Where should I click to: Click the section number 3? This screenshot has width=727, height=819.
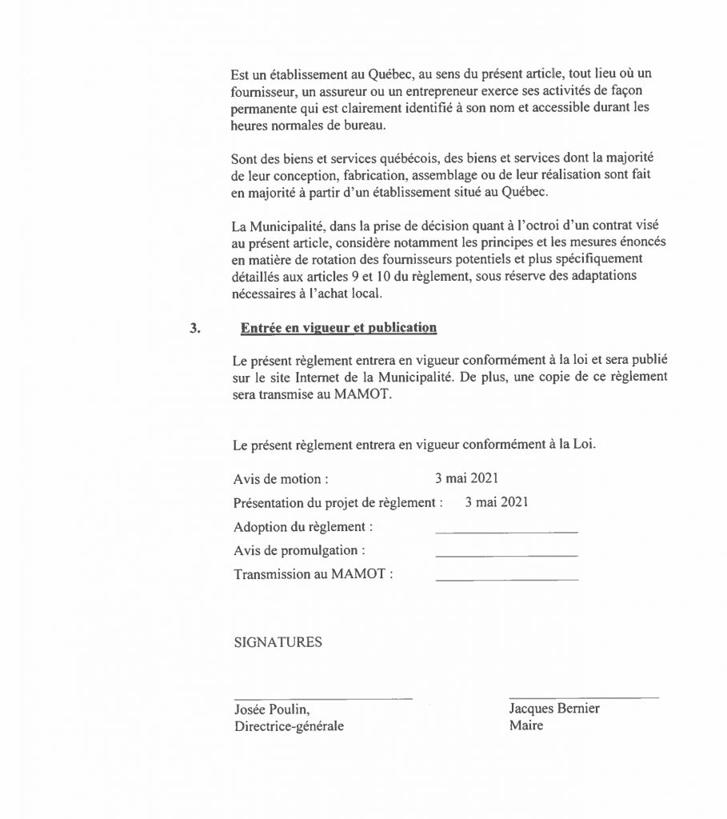(194, 327)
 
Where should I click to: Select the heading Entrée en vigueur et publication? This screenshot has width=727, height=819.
(338, 327)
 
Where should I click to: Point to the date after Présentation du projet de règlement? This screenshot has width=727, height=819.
(496, 503)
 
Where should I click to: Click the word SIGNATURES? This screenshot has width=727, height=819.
(278, 642)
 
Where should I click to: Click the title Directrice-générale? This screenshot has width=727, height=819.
(291, 727)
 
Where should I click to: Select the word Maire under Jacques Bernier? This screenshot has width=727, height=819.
(525, 727)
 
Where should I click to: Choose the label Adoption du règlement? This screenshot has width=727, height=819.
(303, 527)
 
